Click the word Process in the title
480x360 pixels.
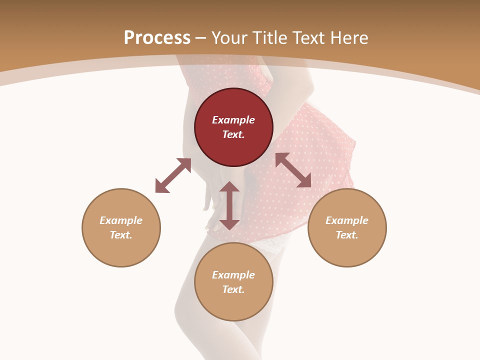point(157,38)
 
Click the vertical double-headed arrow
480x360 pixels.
point(229,205)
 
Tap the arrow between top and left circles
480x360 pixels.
point(173,175)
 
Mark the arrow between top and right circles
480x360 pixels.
point(293,170)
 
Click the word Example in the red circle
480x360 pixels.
point(233,120)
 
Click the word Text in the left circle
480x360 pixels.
point(121,235)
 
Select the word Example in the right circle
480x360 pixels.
point(347,220)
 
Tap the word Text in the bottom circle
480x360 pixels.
point(233,289)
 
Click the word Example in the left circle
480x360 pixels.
point(121,220)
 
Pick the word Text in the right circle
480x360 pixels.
point(347,235)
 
